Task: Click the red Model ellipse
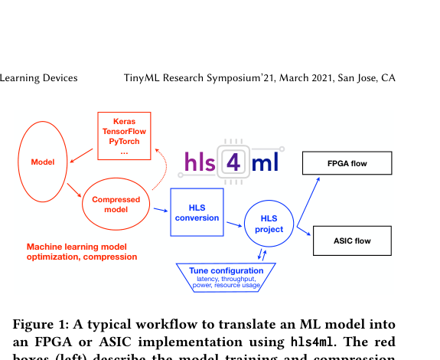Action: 43,162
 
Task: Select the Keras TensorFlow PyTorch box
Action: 124,136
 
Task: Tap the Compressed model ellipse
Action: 110,205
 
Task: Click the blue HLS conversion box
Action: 197,212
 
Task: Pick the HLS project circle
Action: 269,224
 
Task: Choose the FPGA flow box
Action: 347,163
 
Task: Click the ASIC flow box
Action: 351,241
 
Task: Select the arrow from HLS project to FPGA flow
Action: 308,199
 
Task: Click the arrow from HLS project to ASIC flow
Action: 304,233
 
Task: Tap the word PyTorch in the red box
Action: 124,142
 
